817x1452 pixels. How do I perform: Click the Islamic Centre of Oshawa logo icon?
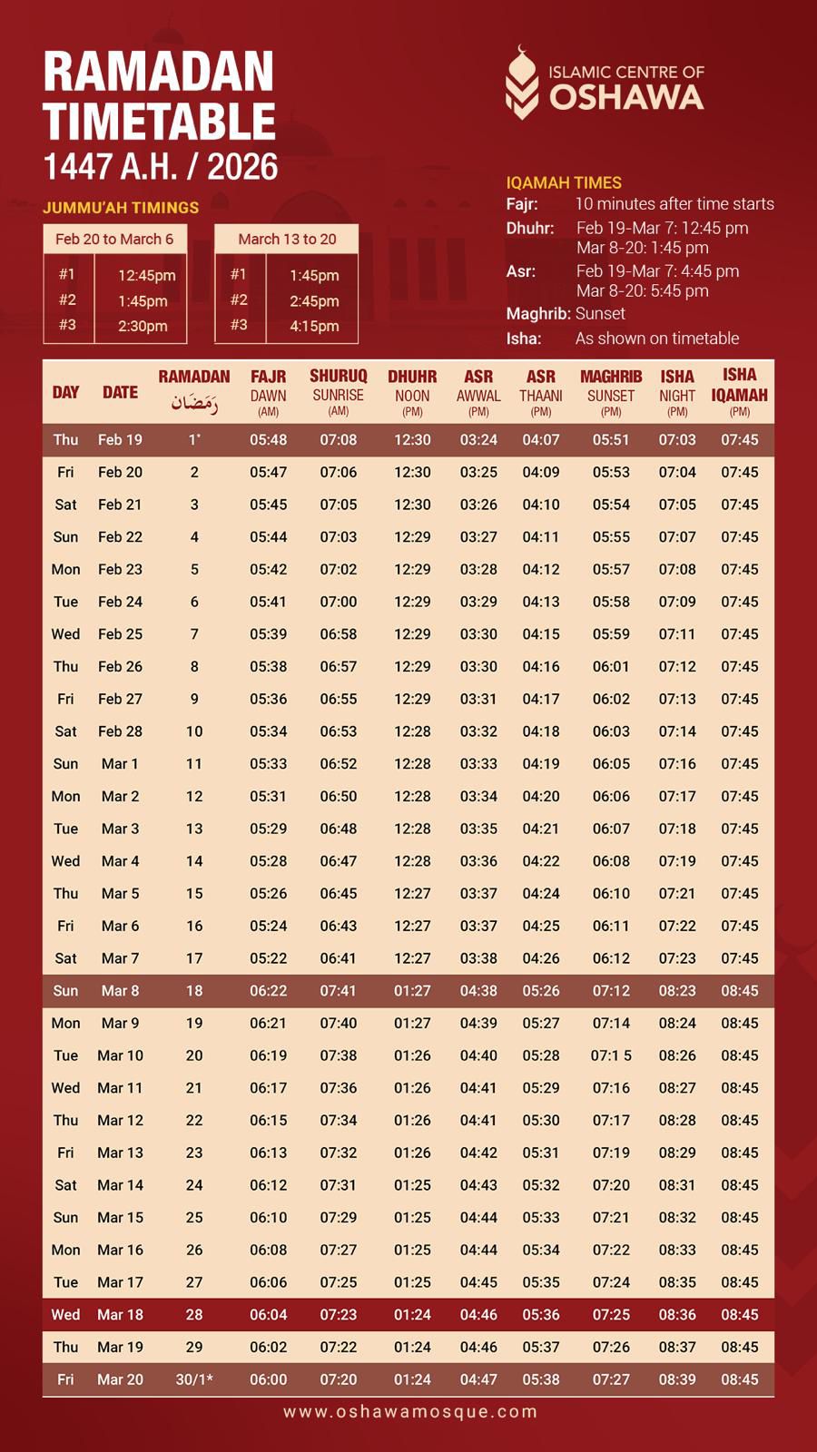[x=521, y=83]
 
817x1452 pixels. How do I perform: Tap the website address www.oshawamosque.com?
[x=409, y=1411]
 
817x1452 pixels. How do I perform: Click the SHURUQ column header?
[x=338, y=377]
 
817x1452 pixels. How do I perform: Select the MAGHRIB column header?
[x=611, y=377]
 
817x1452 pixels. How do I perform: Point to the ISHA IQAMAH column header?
[x=739, y=384]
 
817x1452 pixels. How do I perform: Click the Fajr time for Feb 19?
[x=268, y=440]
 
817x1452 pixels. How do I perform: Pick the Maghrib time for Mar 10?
[x=611, y=1055]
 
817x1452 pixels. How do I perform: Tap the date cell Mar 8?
[x=121, y=991]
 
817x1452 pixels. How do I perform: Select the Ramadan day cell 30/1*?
[x=194, y=1379]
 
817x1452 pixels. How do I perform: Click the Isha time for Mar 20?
[x=677, y=1379]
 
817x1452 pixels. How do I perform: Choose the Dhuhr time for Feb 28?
[x=412, y=731]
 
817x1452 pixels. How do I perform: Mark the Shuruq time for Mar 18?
[x=338, y=1315]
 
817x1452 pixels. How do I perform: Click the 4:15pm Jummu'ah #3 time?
[x=314, y=326]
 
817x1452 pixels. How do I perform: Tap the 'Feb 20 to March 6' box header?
[x=114, y=239]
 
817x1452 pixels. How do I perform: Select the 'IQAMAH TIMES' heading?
[x=564, y=182]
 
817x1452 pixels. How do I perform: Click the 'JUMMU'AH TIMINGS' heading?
[x=121, y=208]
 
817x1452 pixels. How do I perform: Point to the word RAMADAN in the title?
[x=159, y=72]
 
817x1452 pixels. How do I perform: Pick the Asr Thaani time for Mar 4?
[x=541, y=861]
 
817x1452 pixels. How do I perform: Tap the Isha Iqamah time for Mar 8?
[x=739, y=991]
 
